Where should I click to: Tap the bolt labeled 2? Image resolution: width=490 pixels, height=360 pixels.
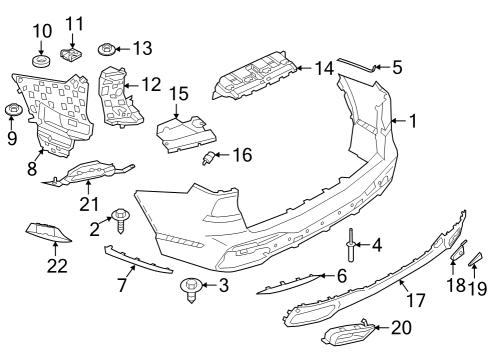(x=121, y=216)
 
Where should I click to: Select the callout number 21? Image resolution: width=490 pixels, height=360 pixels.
(x=88, y=205)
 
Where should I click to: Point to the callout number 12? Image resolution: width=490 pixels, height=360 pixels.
(x=151, y=85)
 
